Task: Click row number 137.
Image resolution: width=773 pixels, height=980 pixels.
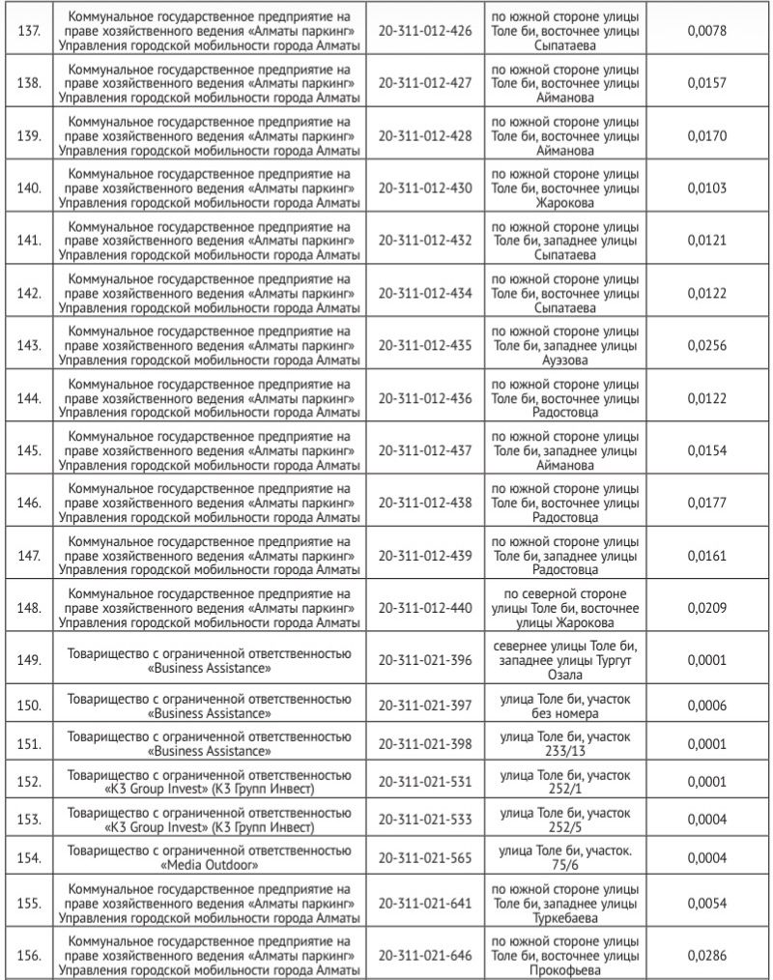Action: (29, 30)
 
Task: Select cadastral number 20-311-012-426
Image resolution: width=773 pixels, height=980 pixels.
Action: (425, 30)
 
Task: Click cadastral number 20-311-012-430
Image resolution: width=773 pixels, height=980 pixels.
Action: (425, 187)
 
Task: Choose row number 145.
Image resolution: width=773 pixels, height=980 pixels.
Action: (29, 449)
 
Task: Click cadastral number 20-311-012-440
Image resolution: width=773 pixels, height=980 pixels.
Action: (425, 607)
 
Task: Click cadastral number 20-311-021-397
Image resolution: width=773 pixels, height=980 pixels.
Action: (425, 705)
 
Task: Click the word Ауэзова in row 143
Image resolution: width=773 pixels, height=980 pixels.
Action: (564, 360)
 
